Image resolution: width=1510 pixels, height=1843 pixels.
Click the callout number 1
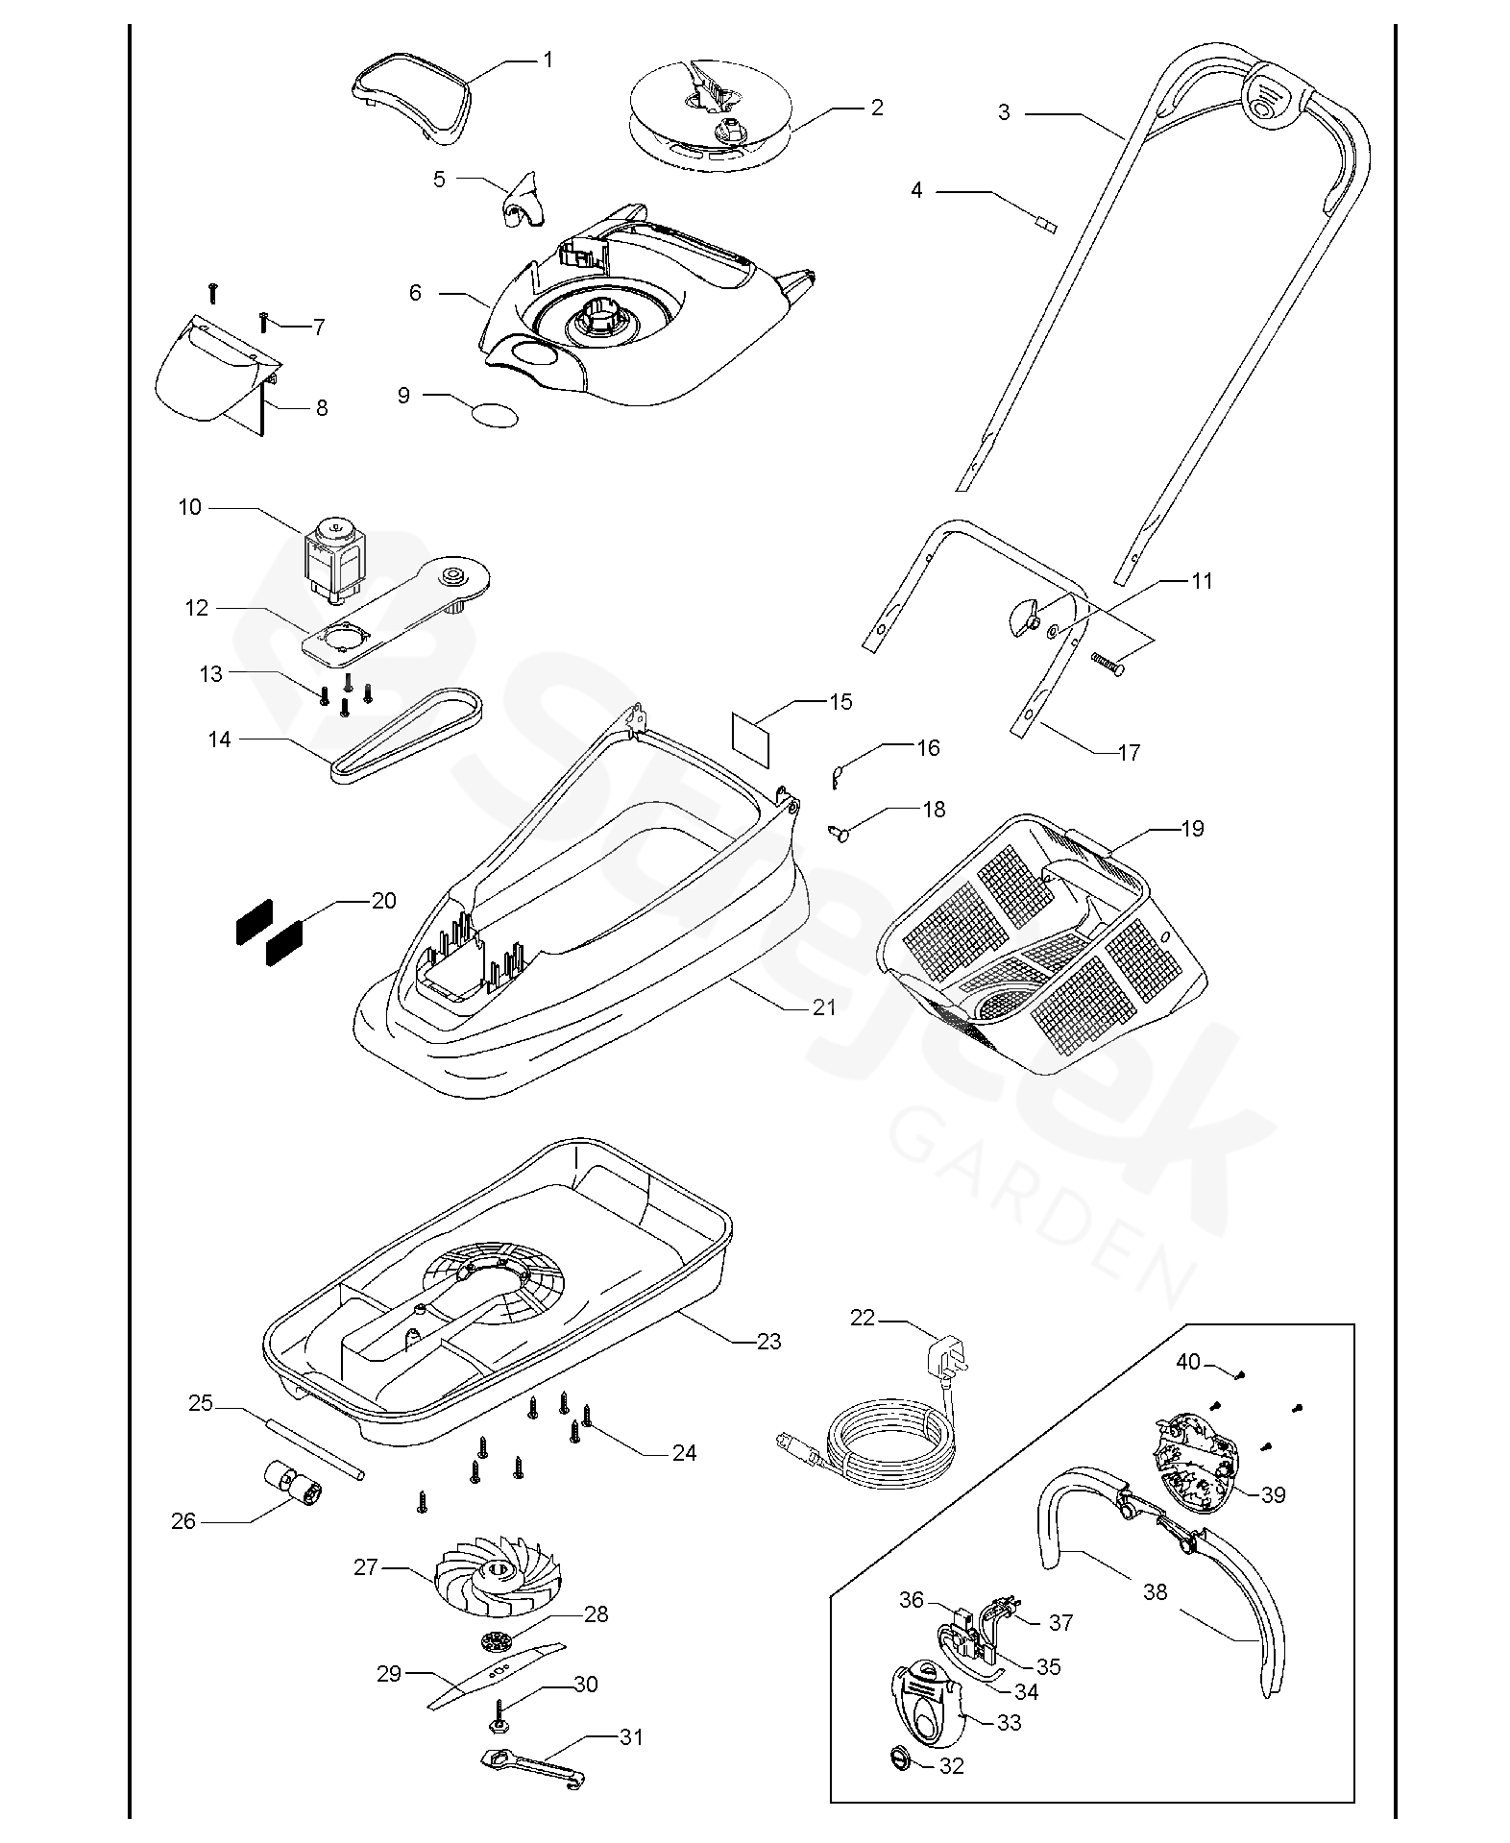pos(548,60)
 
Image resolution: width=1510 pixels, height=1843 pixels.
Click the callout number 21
pos(824,1007)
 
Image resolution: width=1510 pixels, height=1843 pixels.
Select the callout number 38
pos(1155,1591)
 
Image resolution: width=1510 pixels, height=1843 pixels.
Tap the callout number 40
pos(1188,1362)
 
